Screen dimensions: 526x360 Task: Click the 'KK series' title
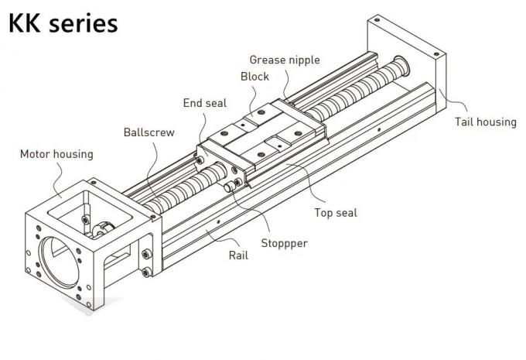click(x=63, y=23)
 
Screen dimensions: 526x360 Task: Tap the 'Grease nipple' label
click(x=285, y=60)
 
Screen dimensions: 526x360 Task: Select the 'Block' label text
click(x=254, y=77)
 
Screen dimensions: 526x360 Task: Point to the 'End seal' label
click(x=205, y=103)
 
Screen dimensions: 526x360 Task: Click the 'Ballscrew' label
click(x=149, y=132)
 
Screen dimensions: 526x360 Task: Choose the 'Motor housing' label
click(x=56, y=154)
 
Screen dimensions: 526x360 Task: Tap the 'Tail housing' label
click(x=486, y=122)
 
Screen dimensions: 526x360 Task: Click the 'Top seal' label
click(x=336, y=213)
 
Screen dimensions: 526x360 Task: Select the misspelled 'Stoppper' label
click(x=284, y=243)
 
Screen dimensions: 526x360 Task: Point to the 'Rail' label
click(x=238, y=255)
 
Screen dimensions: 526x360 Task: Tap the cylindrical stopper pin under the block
click(x=230, y=187)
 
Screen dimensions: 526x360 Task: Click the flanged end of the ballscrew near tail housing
click(x=401, y=65)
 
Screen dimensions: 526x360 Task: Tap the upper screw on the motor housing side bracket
click(x=146, y=254)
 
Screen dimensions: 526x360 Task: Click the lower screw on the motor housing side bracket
click(x=146, y=272)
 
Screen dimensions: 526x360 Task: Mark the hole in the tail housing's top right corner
click(x=436, y=53)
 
